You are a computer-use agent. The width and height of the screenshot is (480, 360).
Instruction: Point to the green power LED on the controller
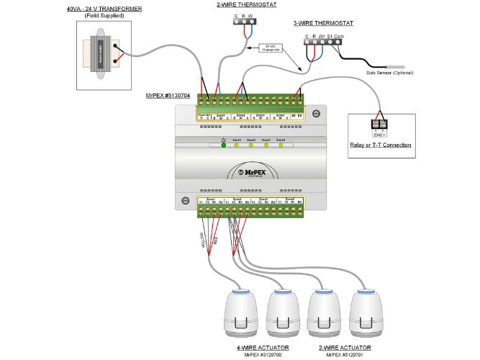(x=224, y=145)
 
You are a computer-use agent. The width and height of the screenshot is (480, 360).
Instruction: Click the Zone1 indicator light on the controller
(x=237, y=145)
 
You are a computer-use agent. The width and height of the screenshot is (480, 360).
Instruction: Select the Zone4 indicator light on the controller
(x=281, y=145)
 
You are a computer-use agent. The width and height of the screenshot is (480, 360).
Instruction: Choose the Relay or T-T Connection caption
(x=380, y=145)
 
